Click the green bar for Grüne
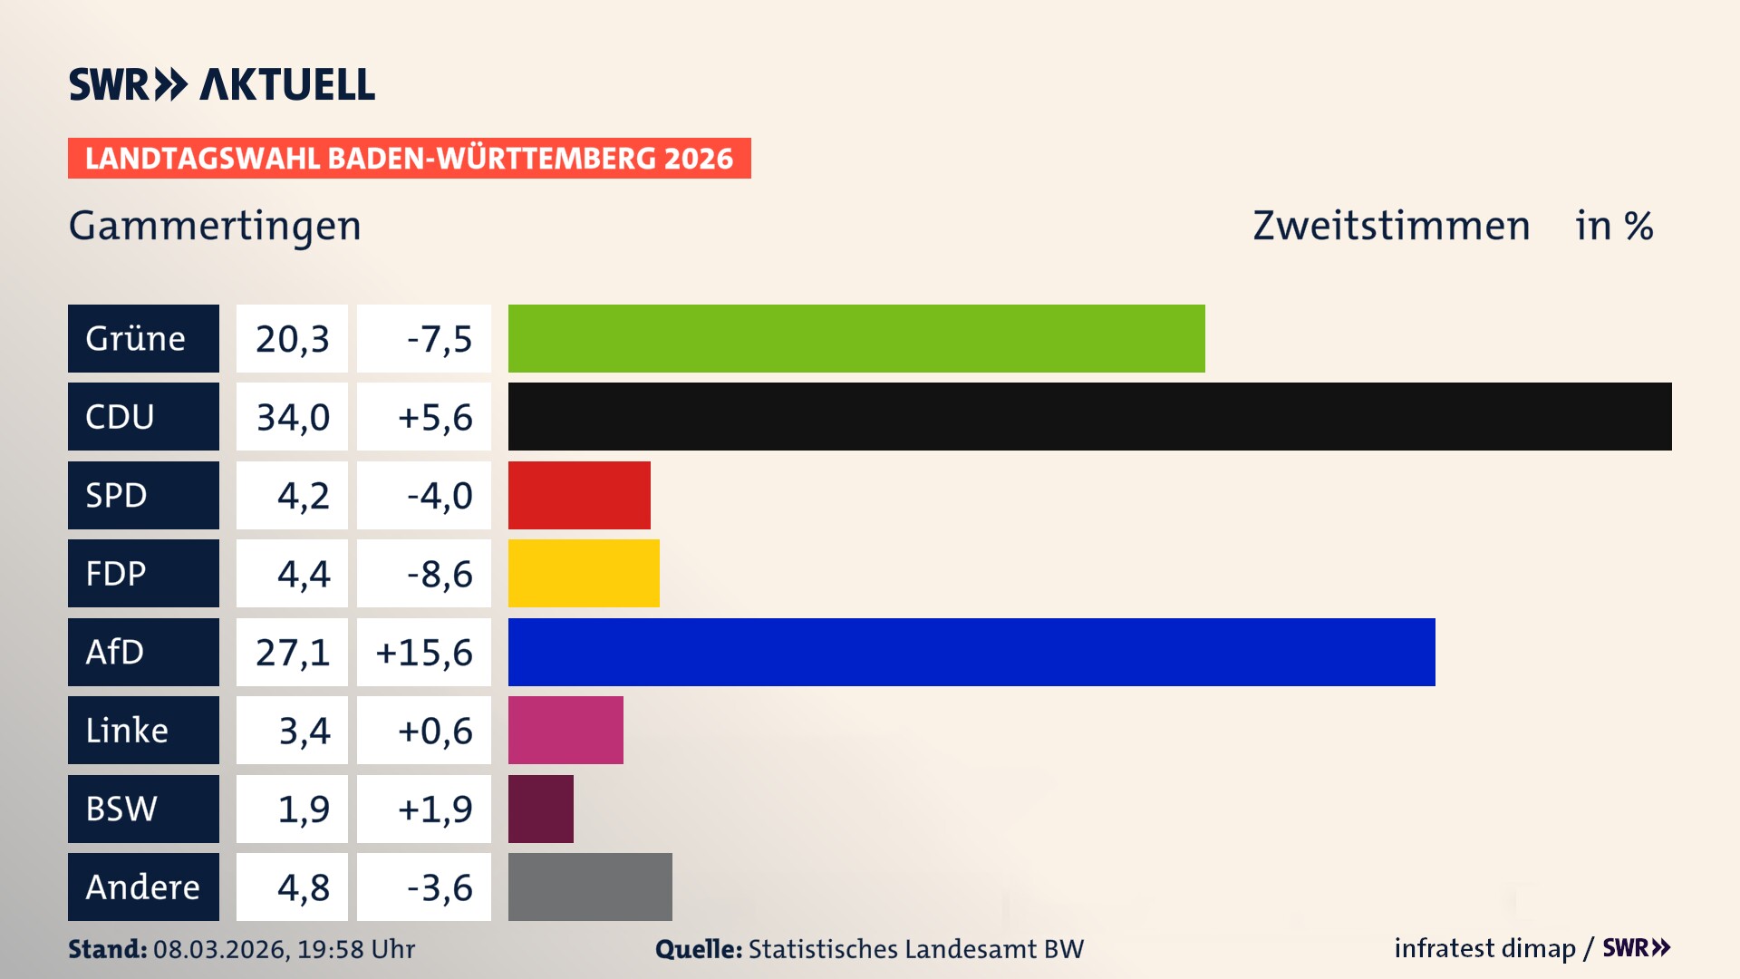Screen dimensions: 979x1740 (x=856, y=338)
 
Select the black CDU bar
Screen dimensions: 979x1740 (x=1089, y=416)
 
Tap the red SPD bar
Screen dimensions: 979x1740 (x=579, y=495)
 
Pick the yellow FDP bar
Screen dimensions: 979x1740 (x=584, y=573)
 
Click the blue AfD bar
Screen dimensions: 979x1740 (x=971, y=652)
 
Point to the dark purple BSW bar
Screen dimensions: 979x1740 (x=541, y=809)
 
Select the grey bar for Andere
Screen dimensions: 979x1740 (x=590, y=887)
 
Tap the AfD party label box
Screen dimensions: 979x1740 (x=143, y=652)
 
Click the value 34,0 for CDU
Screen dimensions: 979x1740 (x=292, y=417)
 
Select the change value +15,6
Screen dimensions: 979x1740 (x=424, y=652)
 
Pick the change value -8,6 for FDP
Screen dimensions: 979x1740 (x=439, y=574)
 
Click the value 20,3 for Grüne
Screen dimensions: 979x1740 (x=292, y=339)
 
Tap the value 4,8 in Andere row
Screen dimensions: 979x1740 (x=303, y=887)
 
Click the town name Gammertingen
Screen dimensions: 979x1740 (x=215, y=226)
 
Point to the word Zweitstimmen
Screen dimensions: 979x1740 (x=1391, y=226)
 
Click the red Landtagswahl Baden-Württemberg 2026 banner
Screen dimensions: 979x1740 (x=409, y=159)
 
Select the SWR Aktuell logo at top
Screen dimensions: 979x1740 (x=222, y=84)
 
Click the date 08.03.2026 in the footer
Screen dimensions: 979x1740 (x=220, y=949)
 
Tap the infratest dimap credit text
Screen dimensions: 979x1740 (x=1484, y=948)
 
